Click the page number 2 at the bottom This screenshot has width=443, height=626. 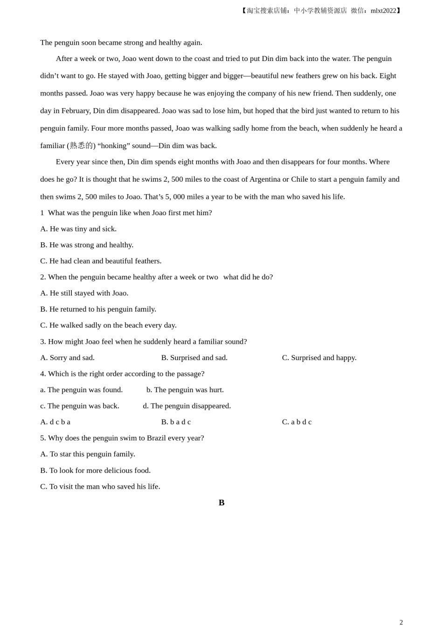tap(401, 622)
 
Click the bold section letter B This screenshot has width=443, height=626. tap(221, 503)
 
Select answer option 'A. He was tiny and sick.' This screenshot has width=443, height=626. tap(78, 229)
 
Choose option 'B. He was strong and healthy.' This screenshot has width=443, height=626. tap(87, 245)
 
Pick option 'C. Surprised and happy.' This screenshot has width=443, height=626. tap(319, 358)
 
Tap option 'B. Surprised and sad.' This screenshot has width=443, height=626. tap(194, 358)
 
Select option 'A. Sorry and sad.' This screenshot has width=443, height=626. tap(67, 358)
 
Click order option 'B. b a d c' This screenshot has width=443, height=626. tap(176, 422)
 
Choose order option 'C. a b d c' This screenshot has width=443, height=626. tap(297, 422)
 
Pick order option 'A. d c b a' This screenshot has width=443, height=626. tap(55, 422)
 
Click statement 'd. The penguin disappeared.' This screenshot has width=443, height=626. tap(187, 406)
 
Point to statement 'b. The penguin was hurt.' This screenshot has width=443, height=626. tap(185, 390)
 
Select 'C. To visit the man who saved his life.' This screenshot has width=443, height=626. tap(100, 486)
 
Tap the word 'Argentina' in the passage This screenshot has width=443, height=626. tap(265, 179)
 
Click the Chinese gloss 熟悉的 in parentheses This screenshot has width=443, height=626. tap(81, 146)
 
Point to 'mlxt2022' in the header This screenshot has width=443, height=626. tap(383, 11)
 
